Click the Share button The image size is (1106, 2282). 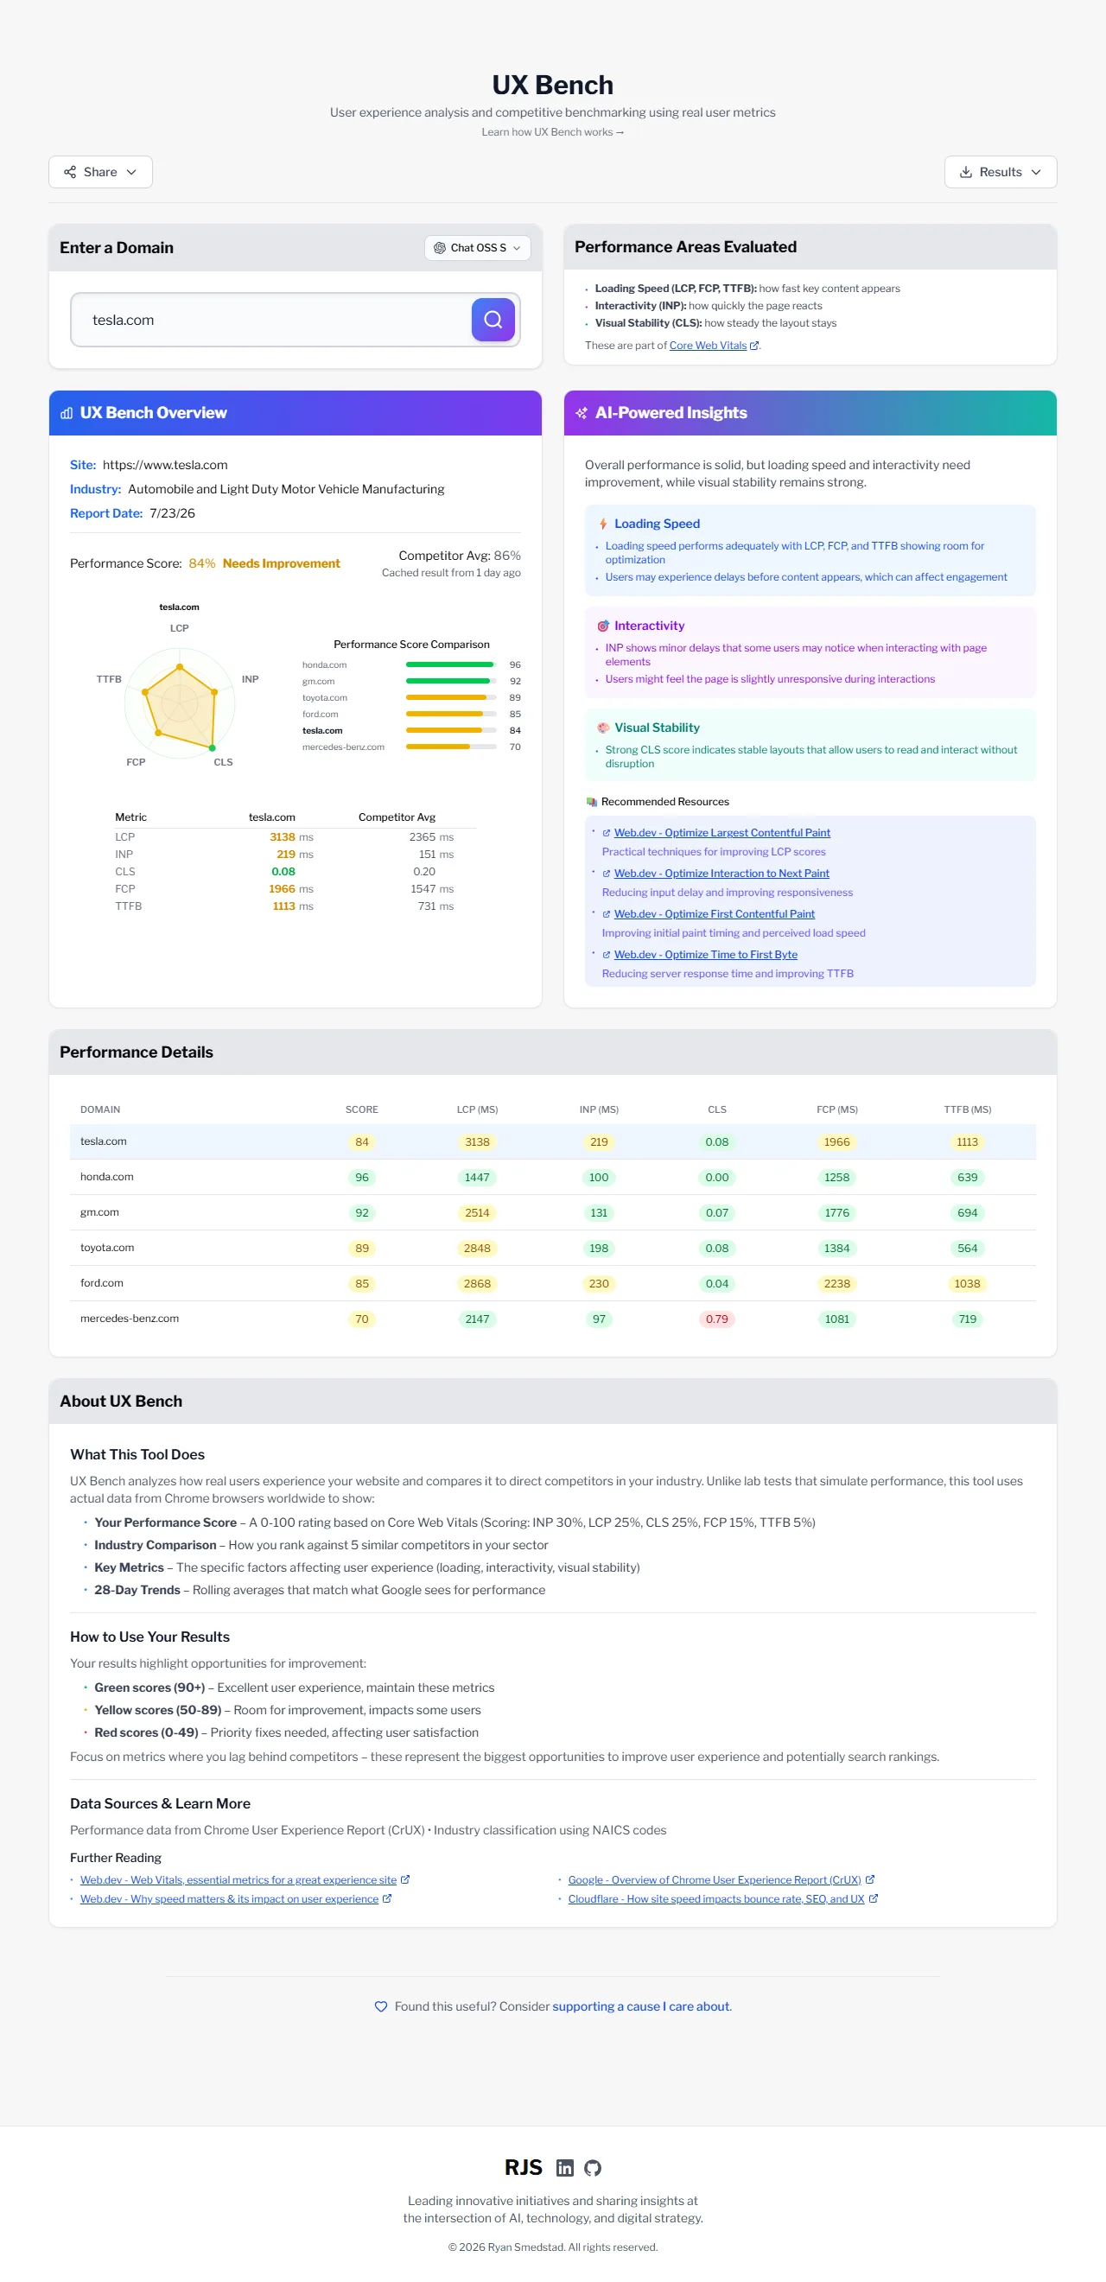pyautogui.click(x=100, y=172)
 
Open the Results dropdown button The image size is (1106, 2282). pyautogui.click(x=1000, y=172)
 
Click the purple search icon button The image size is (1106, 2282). pyautogui.click(x=493, y=320)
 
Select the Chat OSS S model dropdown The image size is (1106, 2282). pyautogui.click(x=477, y=248)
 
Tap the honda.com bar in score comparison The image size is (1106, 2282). pyautogui.click(x=449, y=664)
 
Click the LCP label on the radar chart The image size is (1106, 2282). pyautogui.click(x=179, y=628)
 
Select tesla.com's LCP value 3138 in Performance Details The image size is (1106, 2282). pyautogui.click(x=477, y=1142)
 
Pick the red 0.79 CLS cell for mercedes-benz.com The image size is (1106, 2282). pyautogui.click(x=716, y=1319)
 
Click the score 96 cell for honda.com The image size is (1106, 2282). pyautogui.click(x=361, y=1178)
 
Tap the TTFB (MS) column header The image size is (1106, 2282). pyautogui.click(x=967, y=1109)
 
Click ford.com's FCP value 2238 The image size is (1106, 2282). pyautogui.click(x=836, y=1284)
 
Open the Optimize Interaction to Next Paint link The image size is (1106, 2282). pyautogui.click(x=721, y=874)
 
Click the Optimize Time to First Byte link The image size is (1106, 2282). pyautogui.click(x=705, y=955)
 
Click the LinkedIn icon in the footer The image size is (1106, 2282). pyautogui.click(x=564, y=2168)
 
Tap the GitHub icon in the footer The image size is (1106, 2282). pyautogui.click(x=593, y=2168)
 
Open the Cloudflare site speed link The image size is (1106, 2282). pyautogui.click(x=716, y=1898)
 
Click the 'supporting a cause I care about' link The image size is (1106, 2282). pyautogui.click(x=641, y=2006)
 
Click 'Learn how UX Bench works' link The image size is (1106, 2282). pyautogui.click(x=552, y=132)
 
